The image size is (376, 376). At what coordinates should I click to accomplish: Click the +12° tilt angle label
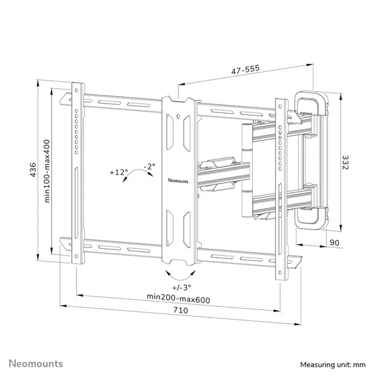118,172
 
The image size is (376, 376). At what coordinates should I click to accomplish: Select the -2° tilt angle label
149,166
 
